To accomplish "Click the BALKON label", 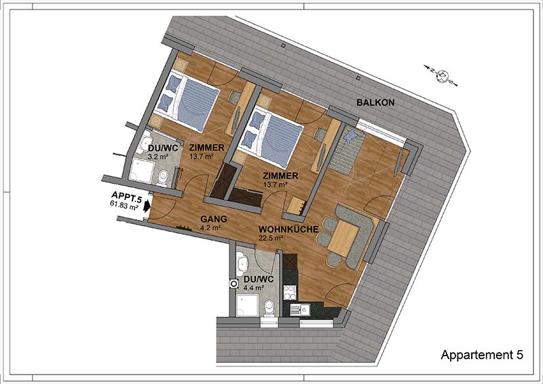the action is point(375,102).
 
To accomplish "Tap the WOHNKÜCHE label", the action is point(288,229).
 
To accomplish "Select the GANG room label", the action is point(214,219).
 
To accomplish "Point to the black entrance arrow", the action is point(147,206).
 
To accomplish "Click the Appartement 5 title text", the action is point(482,355).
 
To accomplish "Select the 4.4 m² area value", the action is point(254,288).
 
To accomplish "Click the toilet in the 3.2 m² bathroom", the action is point(162,178).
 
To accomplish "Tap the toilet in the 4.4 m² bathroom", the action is point(269,308).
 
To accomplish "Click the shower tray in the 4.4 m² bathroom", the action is point(247,305).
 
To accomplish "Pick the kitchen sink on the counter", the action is point(300,309).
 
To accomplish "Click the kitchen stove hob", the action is point(290,292).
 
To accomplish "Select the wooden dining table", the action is point(343,238).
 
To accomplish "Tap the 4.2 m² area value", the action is point(210,228).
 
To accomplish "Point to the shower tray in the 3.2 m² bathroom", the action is point(142,170).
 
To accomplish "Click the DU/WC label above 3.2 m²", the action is point(163,148).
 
